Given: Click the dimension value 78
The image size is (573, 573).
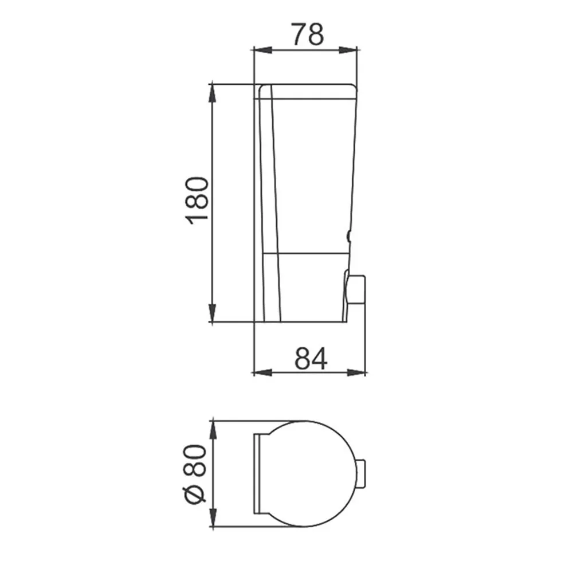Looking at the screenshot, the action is coord(308,34).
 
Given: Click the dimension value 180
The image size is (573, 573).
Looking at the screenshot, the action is coord(198,200).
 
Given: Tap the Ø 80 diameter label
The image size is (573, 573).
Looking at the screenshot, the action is coord(195,473).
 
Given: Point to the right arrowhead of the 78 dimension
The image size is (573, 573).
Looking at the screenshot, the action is coord(348,50).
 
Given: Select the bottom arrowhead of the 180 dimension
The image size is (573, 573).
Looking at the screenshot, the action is coord(213,313).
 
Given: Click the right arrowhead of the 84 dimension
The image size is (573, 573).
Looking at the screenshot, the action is coord(356,373).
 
